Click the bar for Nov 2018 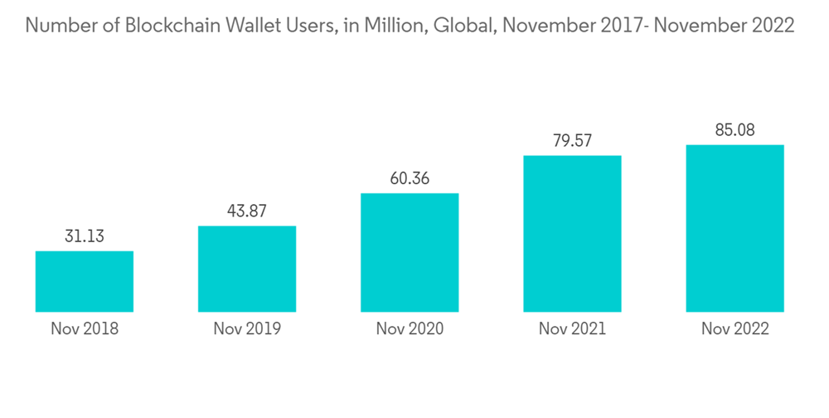(85, 281)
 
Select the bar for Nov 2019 (247, 269)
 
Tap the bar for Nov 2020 (410, 252)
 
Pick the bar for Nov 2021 (572, 233)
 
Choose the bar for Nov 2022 (734, 228)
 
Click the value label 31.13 (85, 236)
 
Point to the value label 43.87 (247, 211)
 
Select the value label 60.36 (410, 179)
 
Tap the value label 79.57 (572, 141)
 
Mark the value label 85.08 (734, 130)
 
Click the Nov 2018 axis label (85, 329)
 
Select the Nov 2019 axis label (247, 329)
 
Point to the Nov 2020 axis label (410, 329)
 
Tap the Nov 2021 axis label (572, 329)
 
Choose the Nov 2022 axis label (734, 329)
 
